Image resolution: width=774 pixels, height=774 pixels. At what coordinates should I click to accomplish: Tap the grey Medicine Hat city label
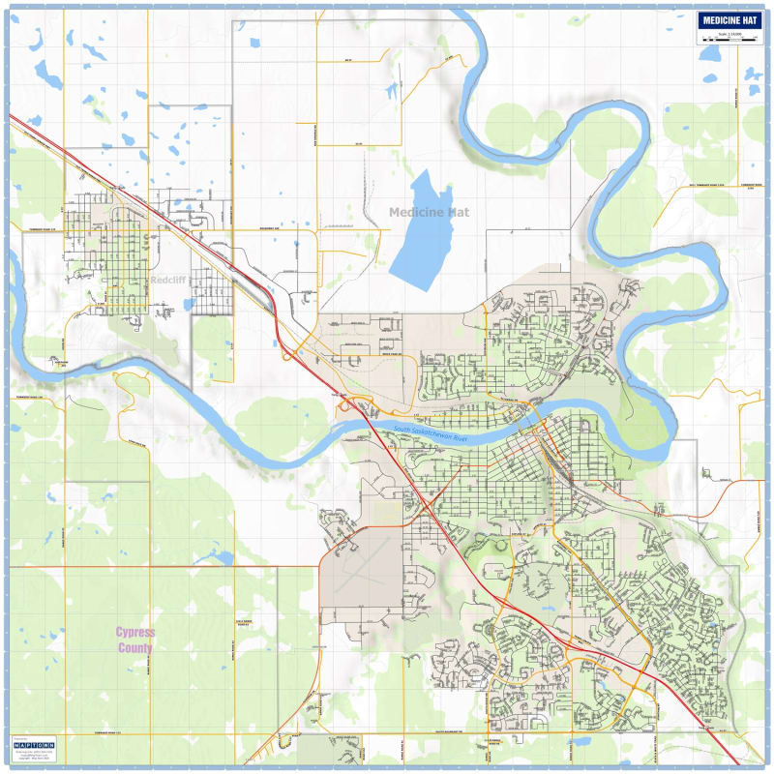[x=429, y=212]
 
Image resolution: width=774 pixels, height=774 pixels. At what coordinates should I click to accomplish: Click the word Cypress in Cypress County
[x=135, y=632]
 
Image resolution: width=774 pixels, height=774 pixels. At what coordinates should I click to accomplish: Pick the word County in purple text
[x=135, y=647]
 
